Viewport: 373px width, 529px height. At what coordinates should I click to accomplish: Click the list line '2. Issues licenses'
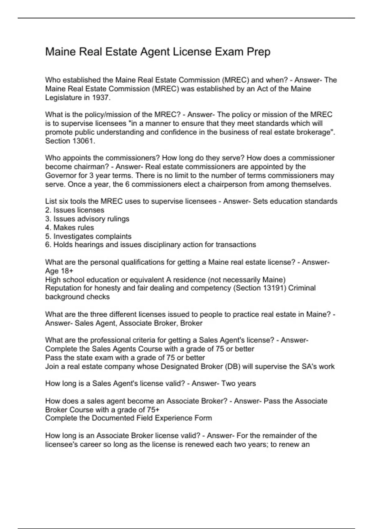tap(75, 210)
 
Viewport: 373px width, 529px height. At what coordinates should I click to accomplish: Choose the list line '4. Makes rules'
tap(69, 227)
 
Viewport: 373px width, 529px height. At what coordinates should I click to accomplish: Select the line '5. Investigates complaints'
tap(88, 236)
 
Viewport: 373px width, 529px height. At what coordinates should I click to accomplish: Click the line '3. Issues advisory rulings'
tap(87, 219)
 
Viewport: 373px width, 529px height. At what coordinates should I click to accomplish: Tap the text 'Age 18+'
tap(59, 271)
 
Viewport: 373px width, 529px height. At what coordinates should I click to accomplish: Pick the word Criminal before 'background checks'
tap(302, 288)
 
